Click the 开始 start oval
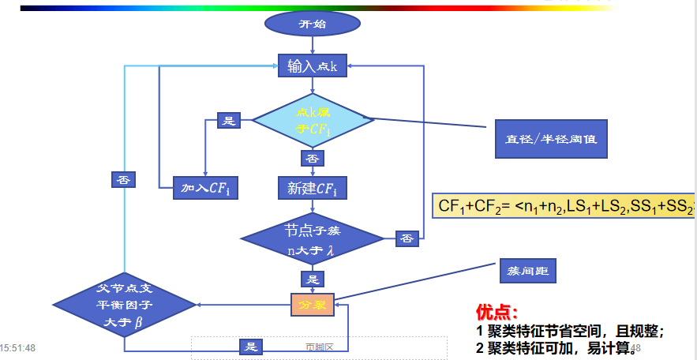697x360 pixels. click(x=312, y=24)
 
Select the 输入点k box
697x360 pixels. click(x=313, y=66)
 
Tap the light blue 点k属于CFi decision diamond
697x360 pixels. click(x=313, y=121)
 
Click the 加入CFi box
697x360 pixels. click(x=206, y=187)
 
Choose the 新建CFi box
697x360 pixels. click(x=313, y=188)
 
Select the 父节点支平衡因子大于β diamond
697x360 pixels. click(x=125, y=304)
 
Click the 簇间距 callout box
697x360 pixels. click(x=526, y=271)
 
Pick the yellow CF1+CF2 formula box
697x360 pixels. click(x=564, y=207)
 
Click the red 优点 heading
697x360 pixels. click(x=497, y=313)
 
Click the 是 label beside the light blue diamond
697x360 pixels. click(x=229, y=121)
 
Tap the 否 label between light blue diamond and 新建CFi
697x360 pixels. click(x=313, y=159)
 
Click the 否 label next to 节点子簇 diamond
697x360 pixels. click(x=407, y=238)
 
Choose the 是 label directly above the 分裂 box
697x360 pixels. click(x=313, y=279)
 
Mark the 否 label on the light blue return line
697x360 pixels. click(x=123, y=179)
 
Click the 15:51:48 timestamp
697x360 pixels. click(x=17, y=347)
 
